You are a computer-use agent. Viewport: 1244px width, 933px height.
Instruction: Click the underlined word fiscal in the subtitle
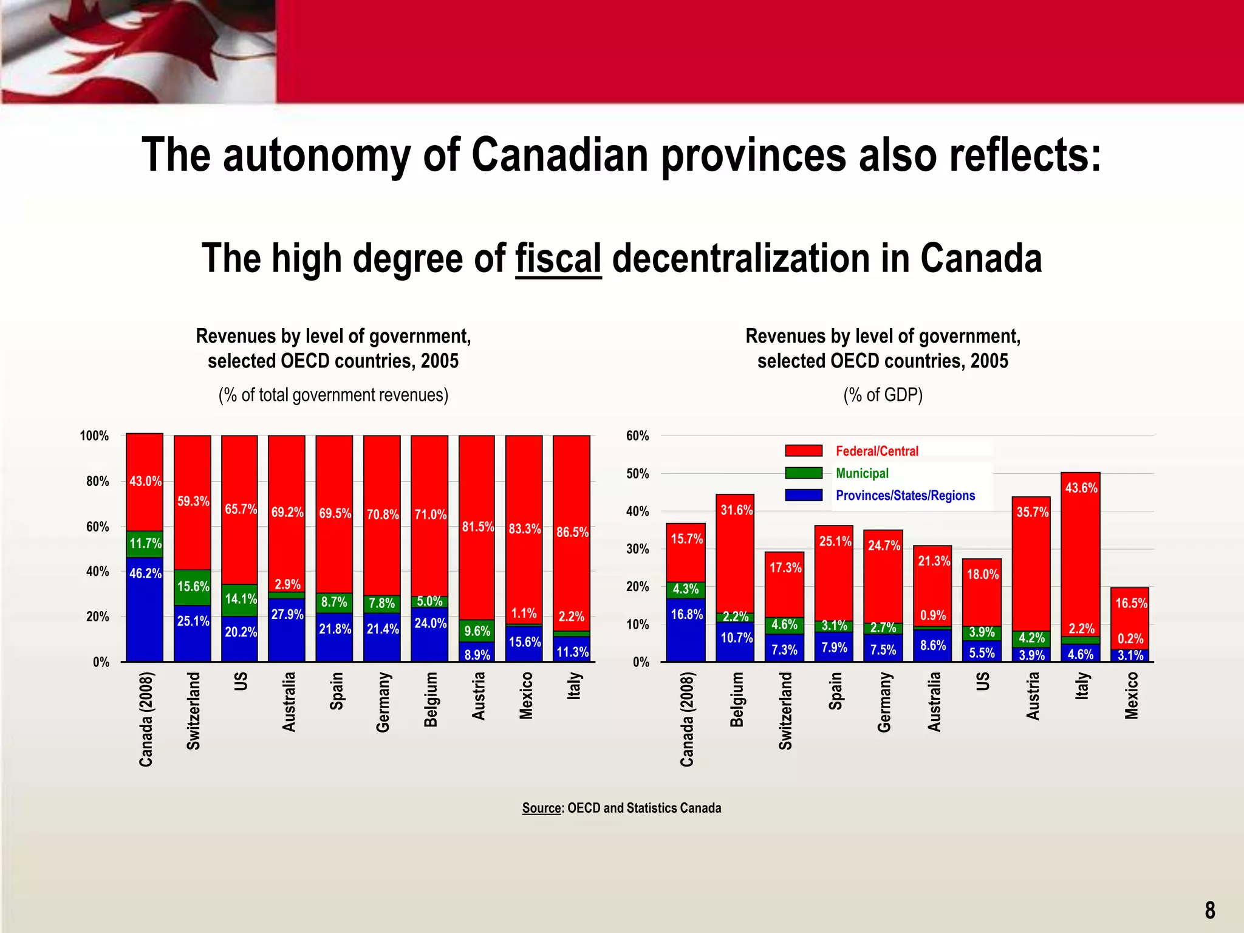[558, 259]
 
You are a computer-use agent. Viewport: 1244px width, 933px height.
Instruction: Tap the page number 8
[1210, 910]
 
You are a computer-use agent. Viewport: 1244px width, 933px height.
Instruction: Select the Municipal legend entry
[862, 473]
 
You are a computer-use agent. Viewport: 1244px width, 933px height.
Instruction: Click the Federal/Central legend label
[877, 451]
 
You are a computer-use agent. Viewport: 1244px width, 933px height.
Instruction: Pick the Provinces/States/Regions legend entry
[905, 496]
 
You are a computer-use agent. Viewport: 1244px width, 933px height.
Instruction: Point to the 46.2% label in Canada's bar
[145, 573]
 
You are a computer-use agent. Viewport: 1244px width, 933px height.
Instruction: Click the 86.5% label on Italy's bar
[572, 533]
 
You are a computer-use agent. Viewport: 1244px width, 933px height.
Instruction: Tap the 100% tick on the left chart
[94, 436]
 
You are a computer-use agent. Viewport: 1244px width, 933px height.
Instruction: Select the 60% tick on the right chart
[637, 436]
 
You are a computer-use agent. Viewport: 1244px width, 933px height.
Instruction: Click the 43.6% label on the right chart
[1081, 488]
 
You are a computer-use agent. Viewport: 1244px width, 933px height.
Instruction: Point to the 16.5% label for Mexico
[1131, 604]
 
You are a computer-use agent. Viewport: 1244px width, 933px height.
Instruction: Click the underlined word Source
[542, 808]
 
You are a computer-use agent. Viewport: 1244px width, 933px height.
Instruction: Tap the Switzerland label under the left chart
[193, 711]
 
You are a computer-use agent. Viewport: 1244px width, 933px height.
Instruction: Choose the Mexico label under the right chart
[1131, 695]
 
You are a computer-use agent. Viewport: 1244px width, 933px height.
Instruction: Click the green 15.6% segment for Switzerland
[193, 587]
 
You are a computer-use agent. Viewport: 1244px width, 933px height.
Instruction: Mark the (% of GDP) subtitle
[883, 395]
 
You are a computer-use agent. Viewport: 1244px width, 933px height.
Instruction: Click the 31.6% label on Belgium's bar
[736, 510]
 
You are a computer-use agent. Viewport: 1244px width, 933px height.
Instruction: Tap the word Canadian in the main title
[559, 155]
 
